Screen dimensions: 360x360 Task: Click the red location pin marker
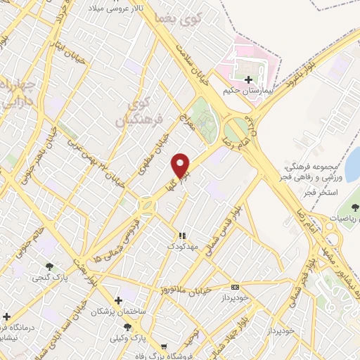click(x=181, y=165)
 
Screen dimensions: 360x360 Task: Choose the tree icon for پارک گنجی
click(x=49, y=266)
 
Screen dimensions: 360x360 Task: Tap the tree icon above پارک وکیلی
click(x=127, y=328)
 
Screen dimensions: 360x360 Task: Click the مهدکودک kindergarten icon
click(x=183, y=236)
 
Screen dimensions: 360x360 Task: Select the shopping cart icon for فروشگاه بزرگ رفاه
click(x=164, y=346)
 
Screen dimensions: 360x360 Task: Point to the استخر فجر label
click(x=324, y=191)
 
